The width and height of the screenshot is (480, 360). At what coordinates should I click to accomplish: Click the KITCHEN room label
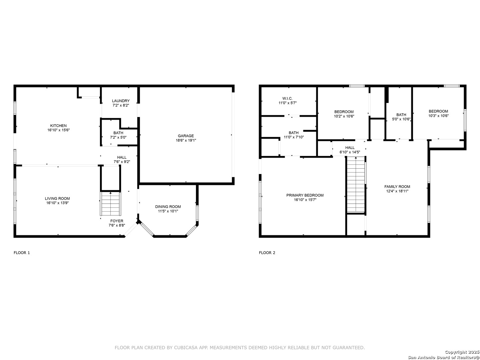coord(58,126)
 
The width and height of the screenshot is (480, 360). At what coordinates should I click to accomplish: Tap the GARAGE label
coord(186,136)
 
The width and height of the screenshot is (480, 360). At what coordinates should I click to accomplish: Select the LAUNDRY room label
coord(121,101)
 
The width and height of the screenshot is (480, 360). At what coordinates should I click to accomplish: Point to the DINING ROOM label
coord(168,207)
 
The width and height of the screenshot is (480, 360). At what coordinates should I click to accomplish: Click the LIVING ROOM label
coord(57,198)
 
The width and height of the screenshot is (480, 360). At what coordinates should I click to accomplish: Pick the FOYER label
coord(117,221)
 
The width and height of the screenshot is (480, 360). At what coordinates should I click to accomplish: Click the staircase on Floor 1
coord(111,203)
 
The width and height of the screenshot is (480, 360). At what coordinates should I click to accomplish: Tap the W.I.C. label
coord(287,99)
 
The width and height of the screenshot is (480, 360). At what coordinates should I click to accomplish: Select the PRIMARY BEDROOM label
coord(305,195)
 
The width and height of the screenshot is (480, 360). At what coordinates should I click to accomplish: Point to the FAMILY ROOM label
coord(397,187)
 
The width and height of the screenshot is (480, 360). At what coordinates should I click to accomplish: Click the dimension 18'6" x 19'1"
coord(186,140)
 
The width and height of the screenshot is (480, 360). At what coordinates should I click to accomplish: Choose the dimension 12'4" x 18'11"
coord(397,191)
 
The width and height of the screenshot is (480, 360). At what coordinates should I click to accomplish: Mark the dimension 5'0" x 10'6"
coord(401,119)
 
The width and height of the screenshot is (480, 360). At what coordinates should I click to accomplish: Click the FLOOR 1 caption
coord(22,253)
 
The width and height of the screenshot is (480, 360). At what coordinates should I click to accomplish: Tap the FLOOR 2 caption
coord(267,253)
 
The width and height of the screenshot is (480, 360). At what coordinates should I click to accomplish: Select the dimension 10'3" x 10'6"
coord(438,116)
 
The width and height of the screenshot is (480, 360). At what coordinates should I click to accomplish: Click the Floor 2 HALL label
coord(350,148)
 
